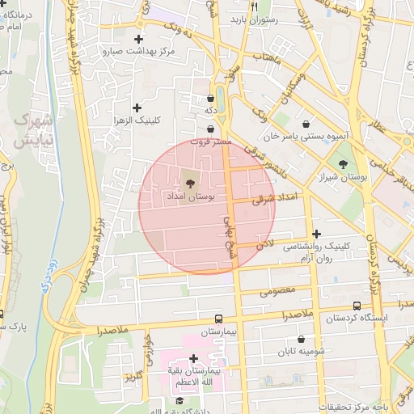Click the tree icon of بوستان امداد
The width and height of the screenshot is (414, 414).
[x=190, y=183]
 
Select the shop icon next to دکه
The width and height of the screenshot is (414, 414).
[x=210, y=97]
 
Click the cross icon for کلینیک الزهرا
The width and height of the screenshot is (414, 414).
[x=136, y=108]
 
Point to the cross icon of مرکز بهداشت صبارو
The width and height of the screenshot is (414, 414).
[x=138, y=39]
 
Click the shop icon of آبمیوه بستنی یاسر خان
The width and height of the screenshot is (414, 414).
[x=307, y=124]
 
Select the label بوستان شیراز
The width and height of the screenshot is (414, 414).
[x=343, y=175]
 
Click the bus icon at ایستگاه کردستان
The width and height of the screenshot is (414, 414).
[x=357, y=305]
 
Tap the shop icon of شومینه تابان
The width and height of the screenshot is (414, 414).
[x=302, y=340]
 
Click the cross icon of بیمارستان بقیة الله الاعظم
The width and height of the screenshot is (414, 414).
[x=193, y=358]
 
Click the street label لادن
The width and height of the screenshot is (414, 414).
[x=266, y=242]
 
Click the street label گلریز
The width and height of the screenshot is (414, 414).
[x=133, y=377]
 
